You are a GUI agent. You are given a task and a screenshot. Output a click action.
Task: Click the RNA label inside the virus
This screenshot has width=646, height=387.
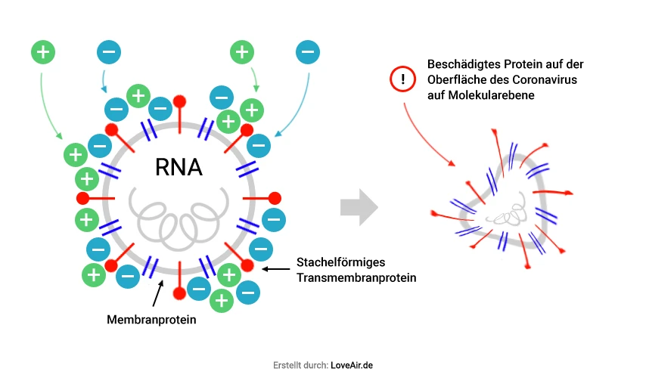pos(179,166)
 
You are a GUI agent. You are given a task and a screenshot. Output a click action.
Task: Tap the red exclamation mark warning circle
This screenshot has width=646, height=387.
pos(404,79)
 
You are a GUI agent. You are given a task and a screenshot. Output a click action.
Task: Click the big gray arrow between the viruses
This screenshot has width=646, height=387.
pos(359,206)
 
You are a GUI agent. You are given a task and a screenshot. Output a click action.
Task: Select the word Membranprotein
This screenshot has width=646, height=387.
pos(151,320)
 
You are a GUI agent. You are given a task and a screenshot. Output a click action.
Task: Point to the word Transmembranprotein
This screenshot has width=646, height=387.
pos(356,277)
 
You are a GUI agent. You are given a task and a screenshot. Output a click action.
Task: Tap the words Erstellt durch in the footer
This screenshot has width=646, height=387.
pos(300,365)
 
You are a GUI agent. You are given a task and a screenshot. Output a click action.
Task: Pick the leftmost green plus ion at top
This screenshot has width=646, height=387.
pos(43,52)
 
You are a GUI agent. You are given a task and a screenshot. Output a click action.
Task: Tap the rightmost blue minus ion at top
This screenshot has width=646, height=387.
pos(307,53)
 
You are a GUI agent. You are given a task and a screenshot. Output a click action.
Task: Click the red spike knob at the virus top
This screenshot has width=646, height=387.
pos(180,101)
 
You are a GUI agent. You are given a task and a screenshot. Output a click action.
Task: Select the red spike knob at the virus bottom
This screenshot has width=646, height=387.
pos(179,293)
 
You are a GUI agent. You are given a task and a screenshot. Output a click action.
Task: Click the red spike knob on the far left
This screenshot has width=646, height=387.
pos(82,198)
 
